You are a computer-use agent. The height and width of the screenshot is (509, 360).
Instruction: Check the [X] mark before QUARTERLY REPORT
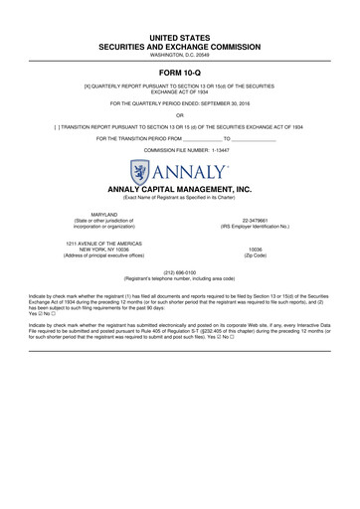[89, 87]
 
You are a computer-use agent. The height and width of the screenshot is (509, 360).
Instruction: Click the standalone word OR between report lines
[180, 115]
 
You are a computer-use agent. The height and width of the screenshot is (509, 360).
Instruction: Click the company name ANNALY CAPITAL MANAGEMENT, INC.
[179, 188]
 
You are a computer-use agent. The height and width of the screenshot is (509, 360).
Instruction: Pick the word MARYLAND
[104, 214]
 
